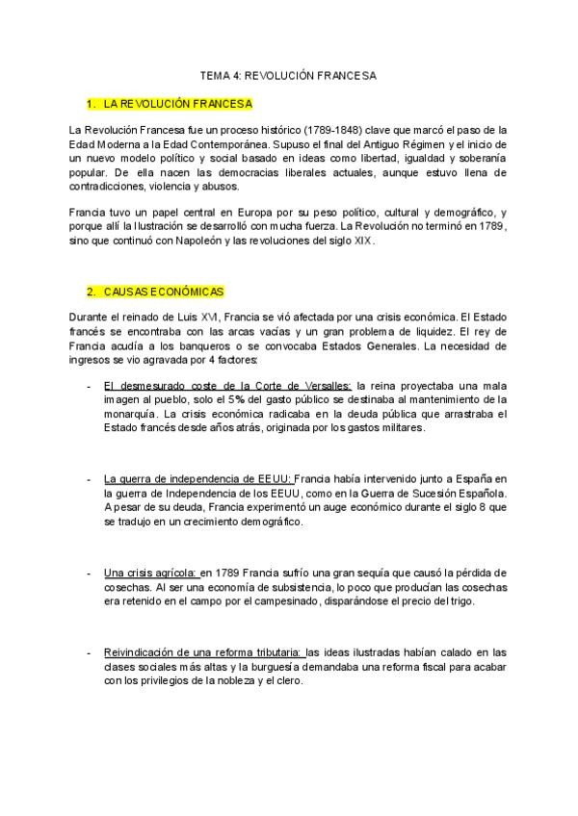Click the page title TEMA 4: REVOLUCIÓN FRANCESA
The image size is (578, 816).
point(288,74)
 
